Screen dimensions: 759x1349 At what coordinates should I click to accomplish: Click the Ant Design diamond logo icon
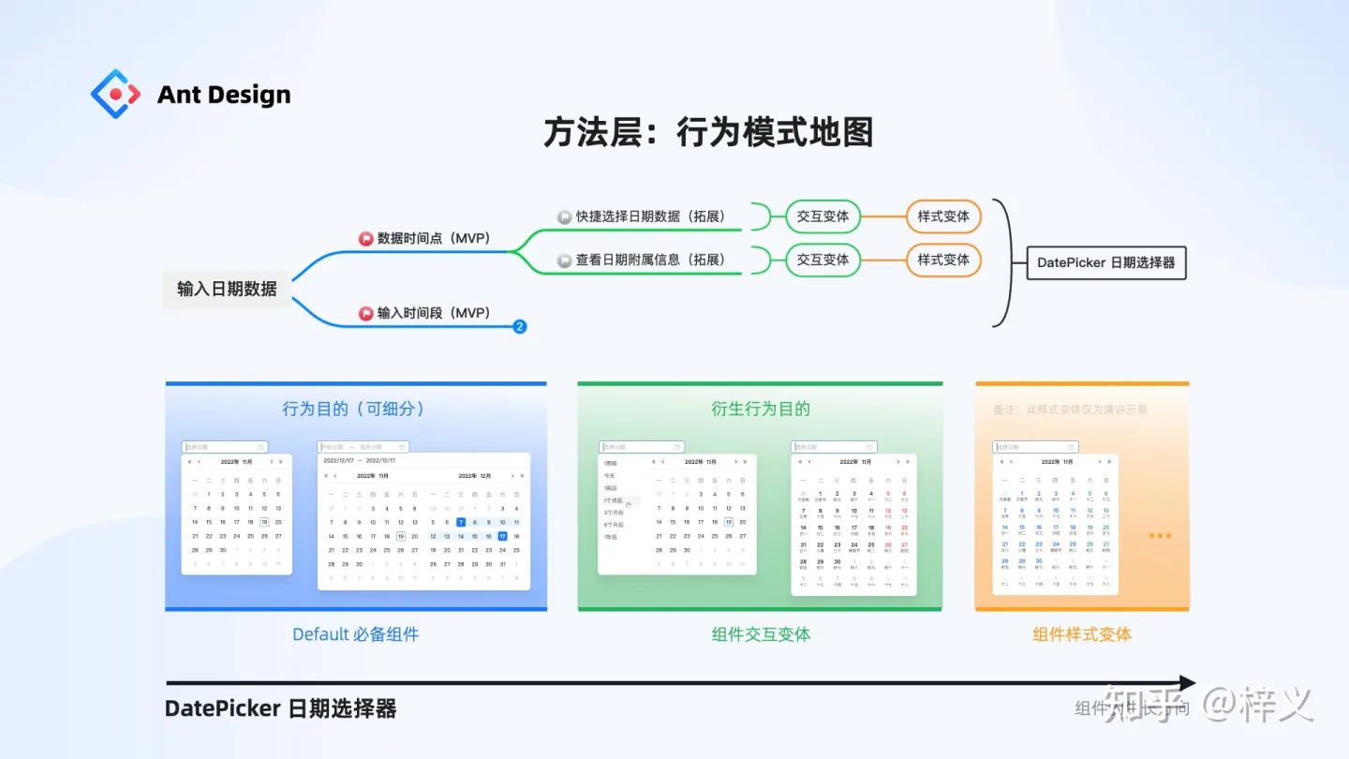[x=115, y=94]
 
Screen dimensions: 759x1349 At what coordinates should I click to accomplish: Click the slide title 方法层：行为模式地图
[x=708, y=133]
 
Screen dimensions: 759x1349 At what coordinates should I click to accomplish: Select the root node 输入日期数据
[x=227, y=289]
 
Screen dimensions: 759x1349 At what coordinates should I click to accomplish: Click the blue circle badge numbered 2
[x=520, y=326]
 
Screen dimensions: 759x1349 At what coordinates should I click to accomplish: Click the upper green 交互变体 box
[x=823, y=216]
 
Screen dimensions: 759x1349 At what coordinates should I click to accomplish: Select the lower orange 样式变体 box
[x=942, y=260]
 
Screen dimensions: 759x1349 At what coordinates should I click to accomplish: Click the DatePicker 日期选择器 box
[x=1105, y=262]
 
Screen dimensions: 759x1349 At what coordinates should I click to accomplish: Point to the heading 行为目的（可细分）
[x=354, y=409]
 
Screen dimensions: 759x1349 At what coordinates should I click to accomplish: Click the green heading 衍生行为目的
[x=760, y=409]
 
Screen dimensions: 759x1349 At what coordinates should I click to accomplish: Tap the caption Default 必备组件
[x=355, y=634]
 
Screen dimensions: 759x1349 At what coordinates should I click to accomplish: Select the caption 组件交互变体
[x=761, y=634]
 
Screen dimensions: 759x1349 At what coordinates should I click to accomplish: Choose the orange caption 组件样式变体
[x=1082, y=634]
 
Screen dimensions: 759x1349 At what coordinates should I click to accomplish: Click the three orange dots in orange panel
[x=1160, y=536]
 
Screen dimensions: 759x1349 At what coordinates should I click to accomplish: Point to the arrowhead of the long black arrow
[x=1187, y=683]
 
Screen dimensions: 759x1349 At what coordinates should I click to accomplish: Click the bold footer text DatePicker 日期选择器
[x=280, y=708]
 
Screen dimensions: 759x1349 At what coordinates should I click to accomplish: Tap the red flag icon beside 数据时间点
[x=366, y=239]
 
